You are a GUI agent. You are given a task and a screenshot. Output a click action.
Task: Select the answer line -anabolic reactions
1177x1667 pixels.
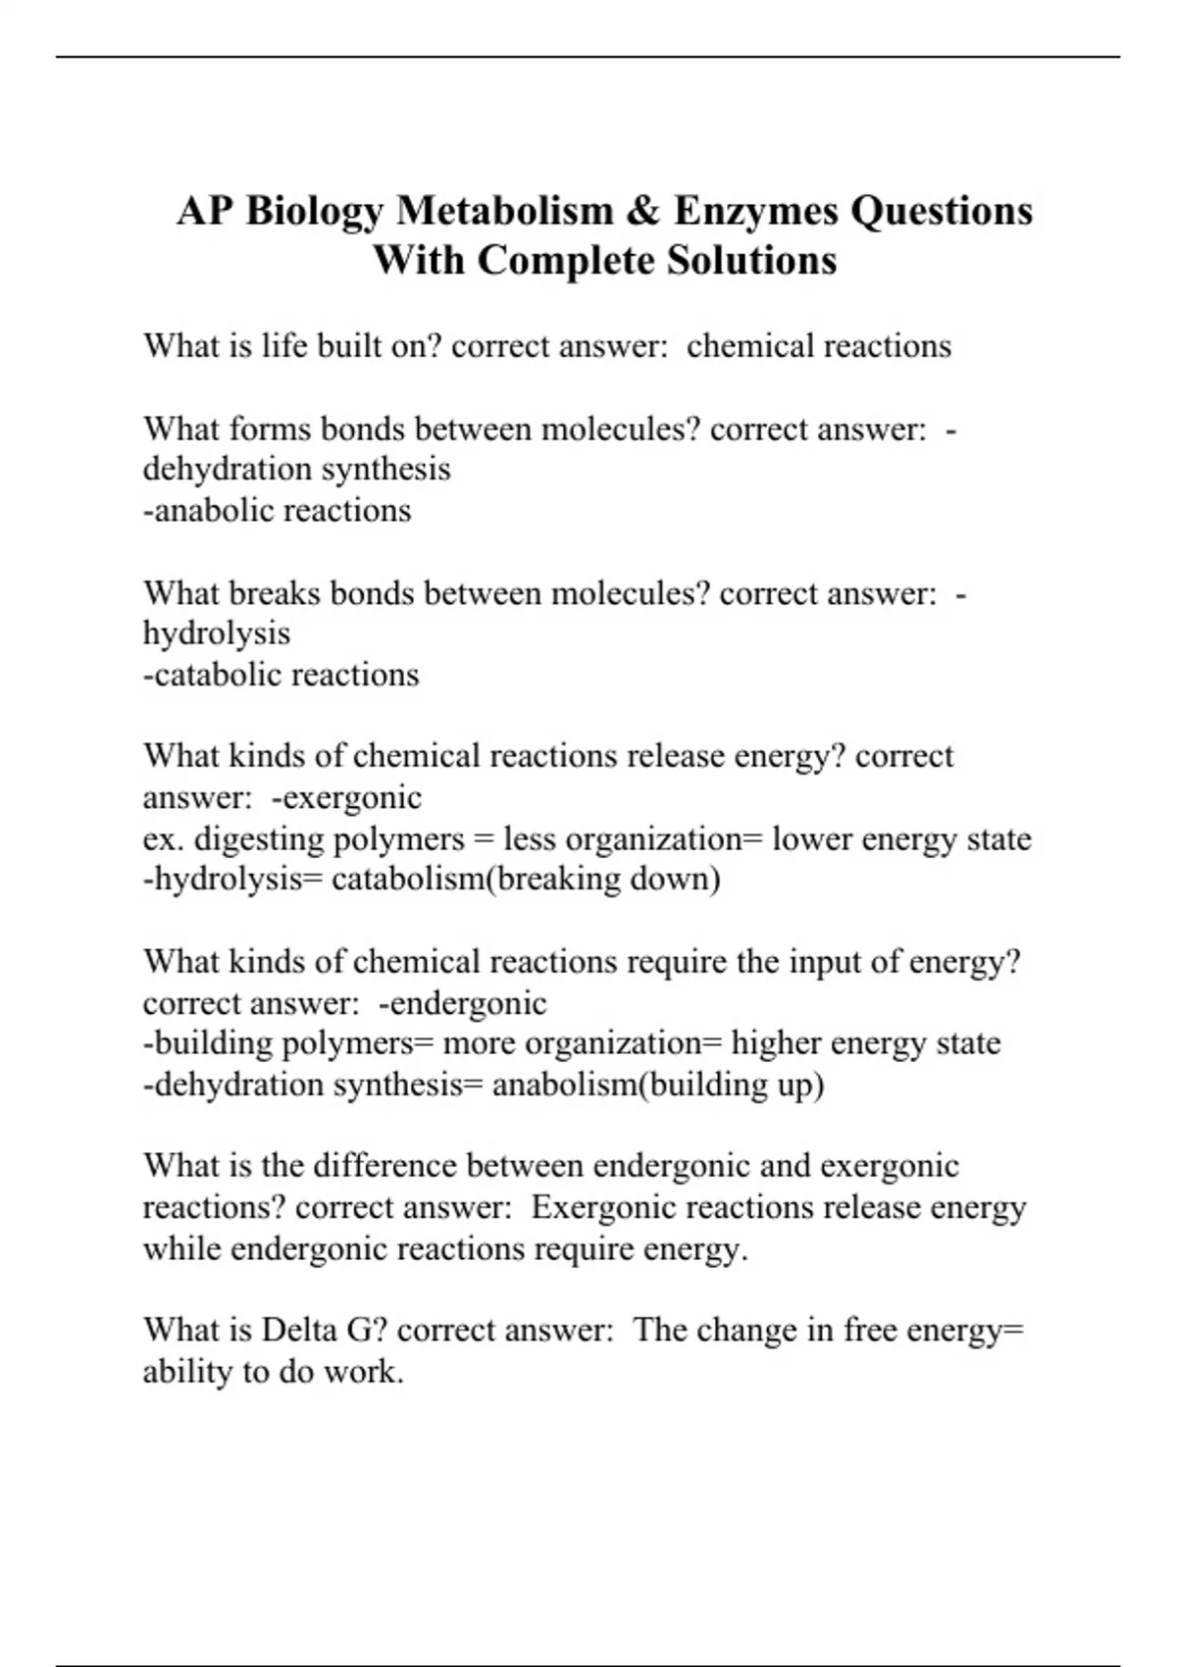[x=277, y=511]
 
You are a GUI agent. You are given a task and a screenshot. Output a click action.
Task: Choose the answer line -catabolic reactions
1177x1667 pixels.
[x=281, y=675]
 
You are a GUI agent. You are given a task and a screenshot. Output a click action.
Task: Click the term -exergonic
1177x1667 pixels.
[x=346, y=797]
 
